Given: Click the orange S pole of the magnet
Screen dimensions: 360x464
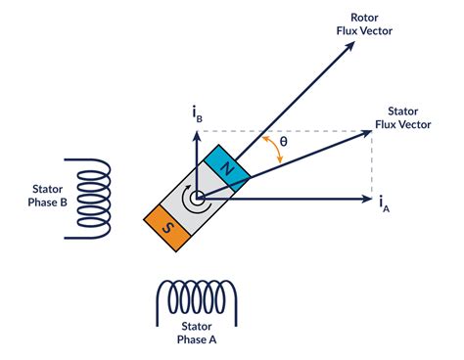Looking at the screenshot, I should point(165,228).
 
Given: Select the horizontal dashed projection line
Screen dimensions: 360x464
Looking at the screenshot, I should point(294,130).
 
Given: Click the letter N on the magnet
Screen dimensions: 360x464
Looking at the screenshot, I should point(229,168).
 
